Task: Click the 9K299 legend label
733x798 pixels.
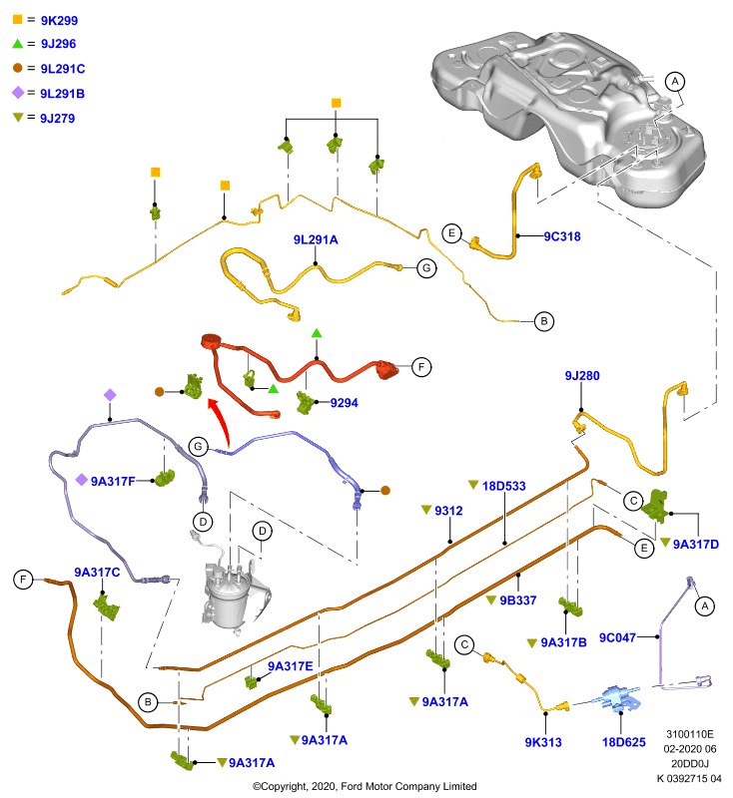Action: pyautogui.click(x=59, y=20)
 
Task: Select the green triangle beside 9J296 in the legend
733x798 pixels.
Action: pyautogui.click(x=18, y=44)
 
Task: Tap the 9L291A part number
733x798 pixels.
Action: pyautogui.click(x=316, y=239)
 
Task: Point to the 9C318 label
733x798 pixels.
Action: pyautogui.click(x=562, y=236)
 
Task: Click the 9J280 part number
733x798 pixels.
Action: pyautogui.click(x=582, y=376)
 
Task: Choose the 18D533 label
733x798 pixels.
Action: pyautogui.click(x=503, y=486)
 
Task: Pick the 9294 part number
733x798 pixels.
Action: pyautogui.click(x=344, y=403)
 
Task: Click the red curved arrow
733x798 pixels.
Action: pyautogui.click(x=222, y=420)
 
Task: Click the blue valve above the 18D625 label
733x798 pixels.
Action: pyautogui.click(x=619, y=698)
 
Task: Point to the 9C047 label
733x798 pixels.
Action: pyautogui.click(x=617, y=637)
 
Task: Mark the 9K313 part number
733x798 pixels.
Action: pyautogui.click(x=543, y=742)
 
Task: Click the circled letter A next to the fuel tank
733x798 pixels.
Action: pyautogui.click(x=675, y=82)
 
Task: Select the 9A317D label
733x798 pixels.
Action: pyautogui.click(x=696, y=545)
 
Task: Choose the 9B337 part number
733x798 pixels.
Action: pyautogui.click(x=518, y=600)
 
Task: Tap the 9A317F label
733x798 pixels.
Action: pyautogui.click(x=113, y=481)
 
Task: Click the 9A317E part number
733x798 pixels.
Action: pyautogui.click(x=291, y=666)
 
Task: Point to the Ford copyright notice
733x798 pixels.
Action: pyautogui.click(x=365, y=786)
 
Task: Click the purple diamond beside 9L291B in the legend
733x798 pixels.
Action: pyautogui.click(x=18, y=93)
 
